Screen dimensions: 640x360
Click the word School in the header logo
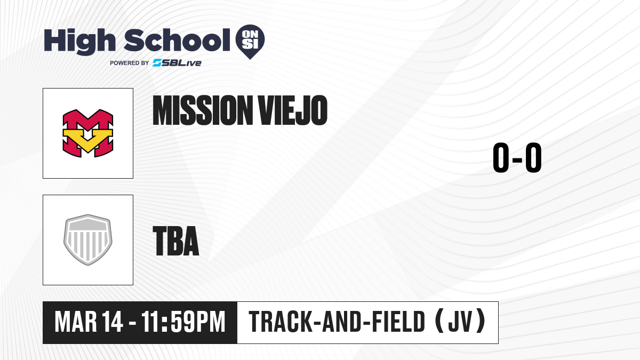[177, 41]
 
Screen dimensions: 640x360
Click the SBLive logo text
[177, 63]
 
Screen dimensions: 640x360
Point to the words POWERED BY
[130, 63]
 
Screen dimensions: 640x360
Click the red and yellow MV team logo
[88, 133]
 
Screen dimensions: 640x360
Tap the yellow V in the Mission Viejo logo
[88, 140]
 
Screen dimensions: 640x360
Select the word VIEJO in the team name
[293, 110]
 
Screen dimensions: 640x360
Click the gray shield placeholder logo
[88, 240]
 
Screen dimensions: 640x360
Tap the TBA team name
[176, 241]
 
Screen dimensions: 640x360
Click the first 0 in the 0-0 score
[501, 157]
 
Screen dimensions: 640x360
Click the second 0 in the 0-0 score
[533, 157]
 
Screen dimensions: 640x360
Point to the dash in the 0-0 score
[517, 159]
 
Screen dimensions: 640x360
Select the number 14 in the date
[113, 322]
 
